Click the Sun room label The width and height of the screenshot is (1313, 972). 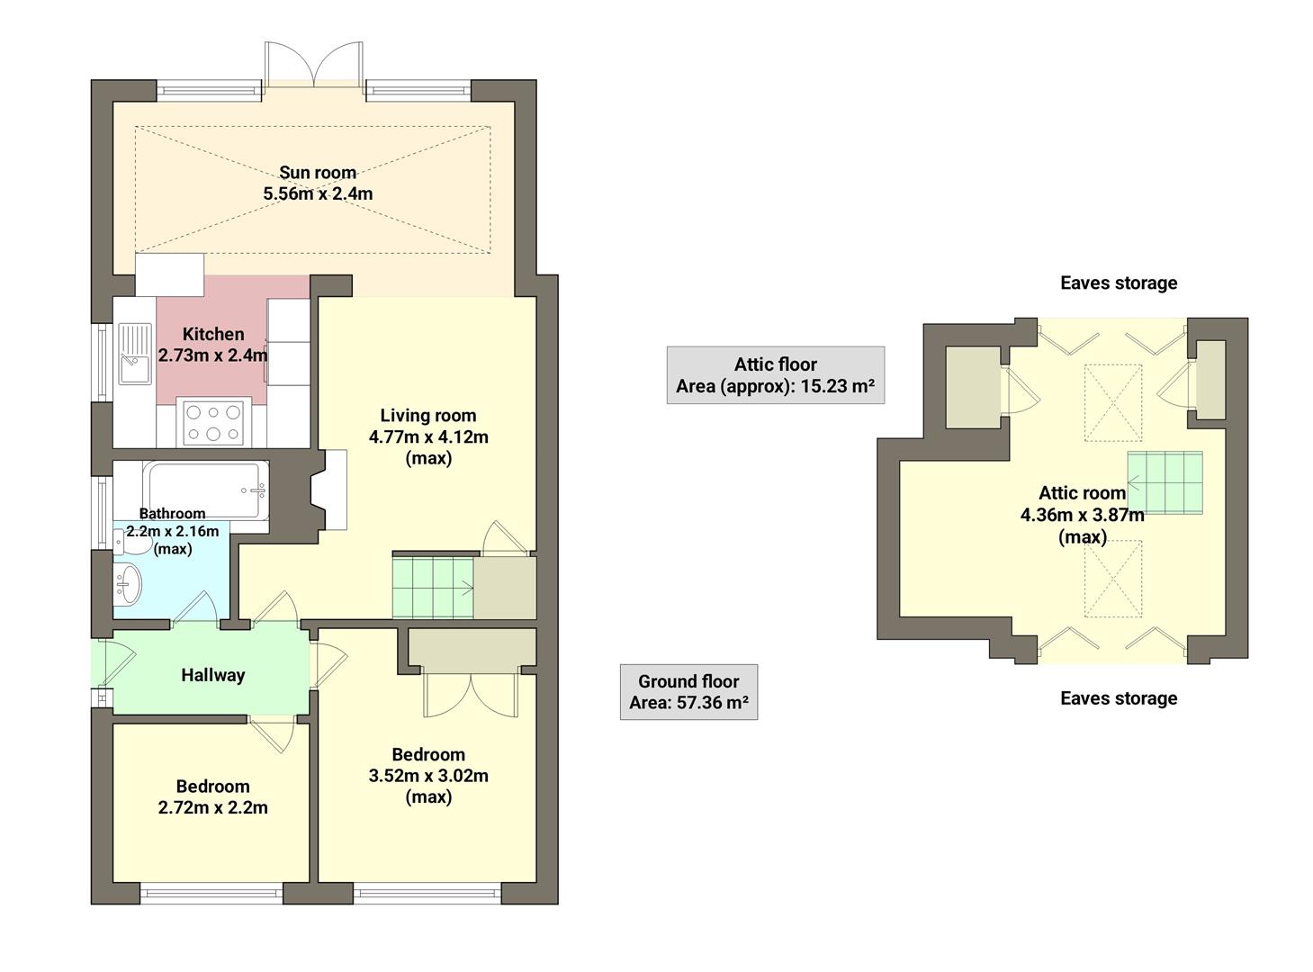[317, 173]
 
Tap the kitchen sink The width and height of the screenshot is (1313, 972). [134, 354]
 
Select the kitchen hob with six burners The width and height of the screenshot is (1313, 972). [213, 423]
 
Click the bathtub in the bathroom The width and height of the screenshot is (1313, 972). [206, 490]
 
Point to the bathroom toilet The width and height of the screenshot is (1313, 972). [123, 540]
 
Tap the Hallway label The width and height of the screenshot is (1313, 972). [212, 675]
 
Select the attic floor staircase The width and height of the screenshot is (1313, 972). [1165, 482]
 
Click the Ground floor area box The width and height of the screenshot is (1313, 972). [688, 692]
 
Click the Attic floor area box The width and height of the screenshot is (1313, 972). [775, 375]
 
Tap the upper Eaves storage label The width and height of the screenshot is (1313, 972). [1118, 283]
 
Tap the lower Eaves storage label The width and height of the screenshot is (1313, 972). [1118, 698]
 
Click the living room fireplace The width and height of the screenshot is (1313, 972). [329, 490]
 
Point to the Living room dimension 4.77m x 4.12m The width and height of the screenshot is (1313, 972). [428, 437]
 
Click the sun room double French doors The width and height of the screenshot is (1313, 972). [313, 66]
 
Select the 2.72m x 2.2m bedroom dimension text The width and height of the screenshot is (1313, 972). [212, 807]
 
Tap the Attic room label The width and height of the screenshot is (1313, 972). [1082, 493]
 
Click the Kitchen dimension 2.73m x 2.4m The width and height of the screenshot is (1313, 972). [213, 355]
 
